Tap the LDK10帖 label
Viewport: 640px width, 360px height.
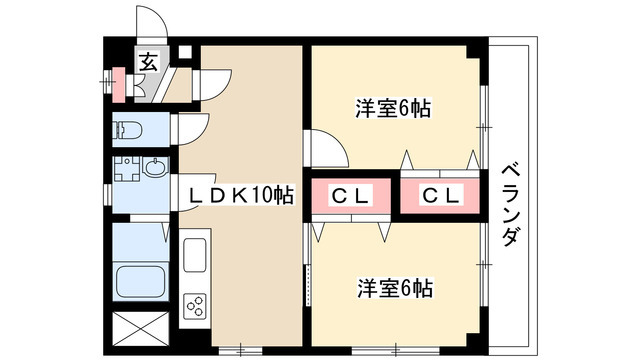point(236,195)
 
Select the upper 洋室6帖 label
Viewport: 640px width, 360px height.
point(393,109)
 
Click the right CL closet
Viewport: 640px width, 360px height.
point(440,196)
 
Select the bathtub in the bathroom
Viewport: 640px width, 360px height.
point(137,281)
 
